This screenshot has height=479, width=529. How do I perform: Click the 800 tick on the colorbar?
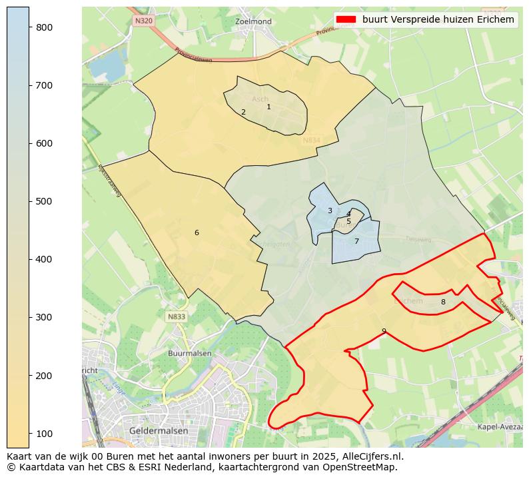click(29, 27)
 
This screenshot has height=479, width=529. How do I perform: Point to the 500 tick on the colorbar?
click(29, 201)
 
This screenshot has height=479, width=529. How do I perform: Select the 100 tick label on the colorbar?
click(45, 434)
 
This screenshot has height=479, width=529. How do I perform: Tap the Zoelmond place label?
click(254, 22)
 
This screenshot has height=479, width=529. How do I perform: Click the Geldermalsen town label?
click(159, 431)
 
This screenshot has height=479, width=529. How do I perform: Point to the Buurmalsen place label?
click(190, 354)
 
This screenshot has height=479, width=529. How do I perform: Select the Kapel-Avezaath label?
click(500, 426)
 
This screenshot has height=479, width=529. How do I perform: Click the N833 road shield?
click(177, 317)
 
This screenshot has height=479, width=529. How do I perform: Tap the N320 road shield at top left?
click(143, 21)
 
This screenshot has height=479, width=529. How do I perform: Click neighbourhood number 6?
click(197, 233)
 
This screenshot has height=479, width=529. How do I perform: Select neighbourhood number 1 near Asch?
click(268, 107)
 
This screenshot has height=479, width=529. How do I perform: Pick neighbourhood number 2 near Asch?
click(243, 113)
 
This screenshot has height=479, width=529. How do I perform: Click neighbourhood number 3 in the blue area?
click(330, 211)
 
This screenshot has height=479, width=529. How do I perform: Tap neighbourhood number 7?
click(356, 241)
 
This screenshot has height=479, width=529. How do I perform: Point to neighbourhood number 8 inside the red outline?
click(443, 302)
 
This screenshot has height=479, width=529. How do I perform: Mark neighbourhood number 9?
click(384, 331)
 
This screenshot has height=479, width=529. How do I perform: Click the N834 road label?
click(311, 141)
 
